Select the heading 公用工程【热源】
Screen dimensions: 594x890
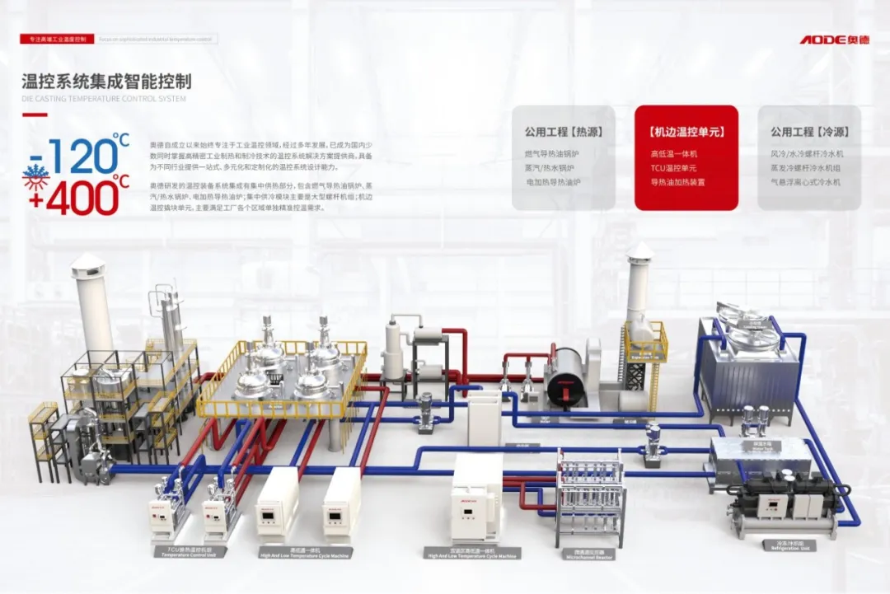563,132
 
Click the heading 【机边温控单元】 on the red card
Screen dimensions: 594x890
686,132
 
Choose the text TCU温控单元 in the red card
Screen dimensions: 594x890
674,168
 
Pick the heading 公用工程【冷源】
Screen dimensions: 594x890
809,132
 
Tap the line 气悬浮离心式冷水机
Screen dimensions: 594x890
805,182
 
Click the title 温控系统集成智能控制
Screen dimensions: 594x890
106,82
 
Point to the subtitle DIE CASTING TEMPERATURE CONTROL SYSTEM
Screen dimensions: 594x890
104,99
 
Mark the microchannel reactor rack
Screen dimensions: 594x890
590,494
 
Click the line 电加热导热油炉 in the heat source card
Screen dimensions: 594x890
553,182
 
